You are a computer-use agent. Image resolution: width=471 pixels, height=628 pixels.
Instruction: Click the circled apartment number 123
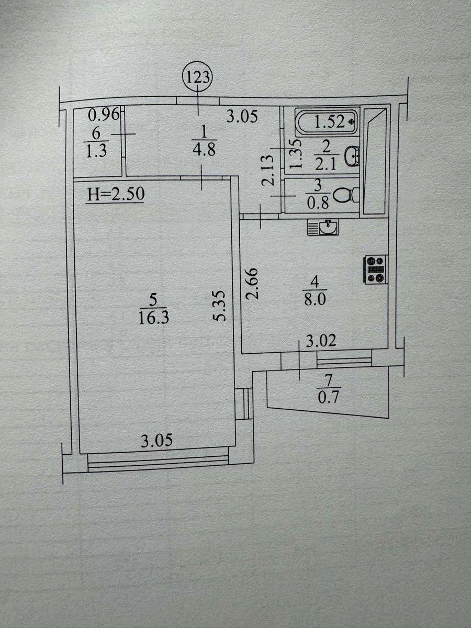point(198,77)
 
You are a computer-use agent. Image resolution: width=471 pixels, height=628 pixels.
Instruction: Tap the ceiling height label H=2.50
point(116,194)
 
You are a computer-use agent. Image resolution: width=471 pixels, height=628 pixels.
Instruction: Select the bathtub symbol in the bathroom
point(327,122)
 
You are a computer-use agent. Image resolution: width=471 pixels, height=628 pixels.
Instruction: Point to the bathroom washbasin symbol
point(352,156)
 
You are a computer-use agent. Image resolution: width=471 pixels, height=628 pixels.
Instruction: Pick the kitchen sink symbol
point(323,228)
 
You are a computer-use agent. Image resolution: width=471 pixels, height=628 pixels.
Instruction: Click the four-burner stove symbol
point(375,270)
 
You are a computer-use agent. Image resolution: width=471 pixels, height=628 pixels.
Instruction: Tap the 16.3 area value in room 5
point(153,318)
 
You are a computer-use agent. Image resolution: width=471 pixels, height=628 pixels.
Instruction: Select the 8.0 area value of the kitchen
point(315,300)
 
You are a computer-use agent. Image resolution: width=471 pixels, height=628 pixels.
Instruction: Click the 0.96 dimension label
point(103,115)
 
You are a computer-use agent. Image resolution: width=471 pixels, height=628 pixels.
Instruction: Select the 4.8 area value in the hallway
point(204,150)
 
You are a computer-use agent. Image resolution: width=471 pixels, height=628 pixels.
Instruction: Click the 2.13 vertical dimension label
point(267,171)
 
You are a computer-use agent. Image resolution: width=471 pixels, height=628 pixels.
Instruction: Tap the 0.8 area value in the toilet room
point(318,204)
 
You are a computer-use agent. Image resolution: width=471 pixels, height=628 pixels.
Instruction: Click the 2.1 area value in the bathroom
point(326,165)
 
